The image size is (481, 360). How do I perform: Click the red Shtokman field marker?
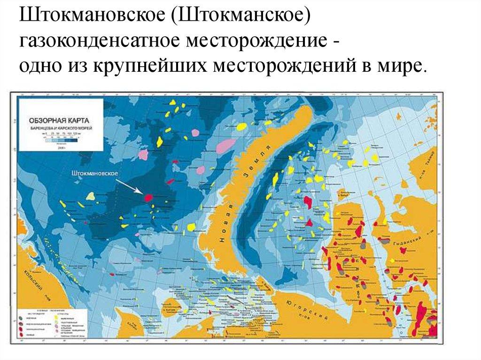pos(148,198)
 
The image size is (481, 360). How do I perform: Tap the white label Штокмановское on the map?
pos(94,173)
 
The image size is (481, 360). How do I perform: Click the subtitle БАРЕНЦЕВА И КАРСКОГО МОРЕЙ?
pos(60,128)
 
